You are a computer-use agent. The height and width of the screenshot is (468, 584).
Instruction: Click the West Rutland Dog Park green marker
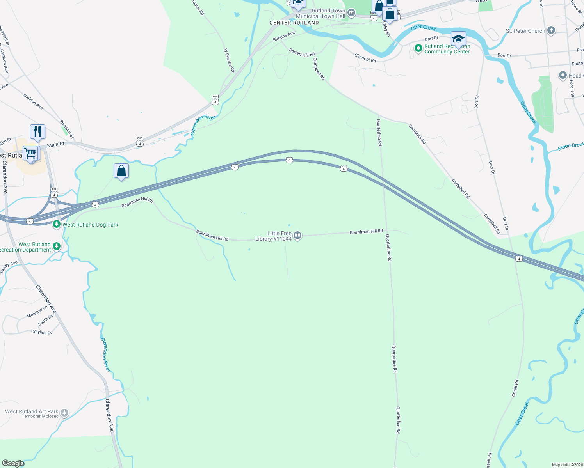(x=57, y=224)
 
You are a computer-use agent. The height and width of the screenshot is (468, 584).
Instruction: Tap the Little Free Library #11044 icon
(x=297, y=235)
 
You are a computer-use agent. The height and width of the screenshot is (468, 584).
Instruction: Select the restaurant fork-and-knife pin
(x=37, y=131)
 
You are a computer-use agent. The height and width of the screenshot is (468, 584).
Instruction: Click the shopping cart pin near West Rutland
(x=30, y=153)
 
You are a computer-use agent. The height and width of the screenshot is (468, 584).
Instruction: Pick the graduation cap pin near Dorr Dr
(x=458, y=39)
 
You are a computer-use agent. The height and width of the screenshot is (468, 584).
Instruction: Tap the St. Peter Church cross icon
(x=551, y=30)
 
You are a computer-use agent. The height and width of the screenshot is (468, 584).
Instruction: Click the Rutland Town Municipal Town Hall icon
(x=351, y=14)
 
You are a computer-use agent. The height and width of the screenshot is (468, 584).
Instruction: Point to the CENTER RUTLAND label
(x=294, y=23)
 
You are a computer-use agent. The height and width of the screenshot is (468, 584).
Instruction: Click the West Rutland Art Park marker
(x=64, y=413)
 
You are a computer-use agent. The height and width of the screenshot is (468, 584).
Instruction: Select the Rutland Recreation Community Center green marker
(x=418, y=48)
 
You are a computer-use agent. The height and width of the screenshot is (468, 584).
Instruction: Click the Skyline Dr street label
(x=42, y=332)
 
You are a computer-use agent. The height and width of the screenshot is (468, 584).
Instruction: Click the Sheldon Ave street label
(x=33, y=101)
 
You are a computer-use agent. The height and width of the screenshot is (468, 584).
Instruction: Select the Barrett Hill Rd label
(x=302, y=53)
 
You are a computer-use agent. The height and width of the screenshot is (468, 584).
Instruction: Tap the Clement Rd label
(x=365, y=58)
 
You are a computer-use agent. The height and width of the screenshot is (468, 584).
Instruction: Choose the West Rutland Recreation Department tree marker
(x=57, y=246)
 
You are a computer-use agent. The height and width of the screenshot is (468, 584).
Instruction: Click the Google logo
(x=13, y=463)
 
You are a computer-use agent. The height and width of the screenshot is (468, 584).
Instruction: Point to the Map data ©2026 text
(x=566, y=465)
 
